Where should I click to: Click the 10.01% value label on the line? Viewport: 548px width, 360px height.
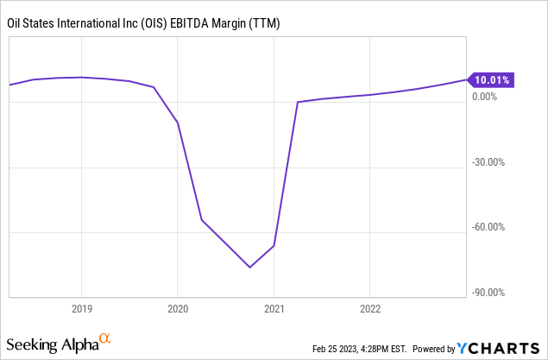[x=491, y=80]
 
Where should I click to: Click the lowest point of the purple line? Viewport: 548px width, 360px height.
[x=250, y=267]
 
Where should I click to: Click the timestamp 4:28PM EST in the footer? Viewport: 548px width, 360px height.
[x=386, y=349]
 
